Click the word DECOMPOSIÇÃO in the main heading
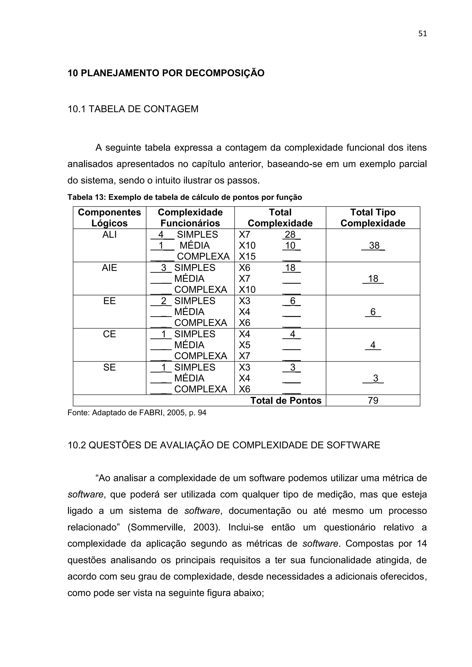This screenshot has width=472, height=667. point(225,73)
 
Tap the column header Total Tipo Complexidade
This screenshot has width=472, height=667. point(373,218)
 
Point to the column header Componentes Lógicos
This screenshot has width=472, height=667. point(109,218)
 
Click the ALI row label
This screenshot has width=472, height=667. point(109,234)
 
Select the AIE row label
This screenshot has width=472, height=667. point(109,268)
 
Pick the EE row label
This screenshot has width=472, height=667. point(109,301)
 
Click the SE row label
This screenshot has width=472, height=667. point(109,367)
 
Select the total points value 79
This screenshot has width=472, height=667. point(373,401)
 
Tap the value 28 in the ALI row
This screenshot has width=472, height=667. point(290,234)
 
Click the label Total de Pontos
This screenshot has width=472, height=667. point(286,401)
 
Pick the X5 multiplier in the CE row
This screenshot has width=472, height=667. point(245,345)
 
